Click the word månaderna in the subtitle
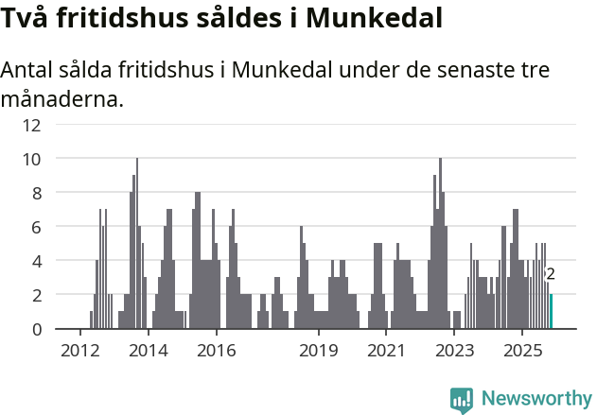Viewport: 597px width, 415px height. point(62,98)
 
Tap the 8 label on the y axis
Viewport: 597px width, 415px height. point(36,193)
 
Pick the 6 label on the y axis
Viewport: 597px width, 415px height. point(36,227)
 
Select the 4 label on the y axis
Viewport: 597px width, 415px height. point(36,261)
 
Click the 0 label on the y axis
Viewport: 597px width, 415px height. point(36,329)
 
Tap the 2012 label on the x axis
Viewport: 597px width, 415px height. point(79,351)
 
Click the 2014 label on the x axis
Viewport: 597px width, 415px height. point(148,351)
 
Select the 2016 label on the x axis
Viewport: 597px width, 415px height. point(217,351)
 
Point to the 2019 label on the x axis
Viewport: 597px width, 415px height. point(319,351)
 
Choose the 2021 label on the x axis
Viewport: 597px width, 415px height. point(386,351)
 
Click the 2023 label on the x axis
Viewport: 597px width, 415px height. point(454,351)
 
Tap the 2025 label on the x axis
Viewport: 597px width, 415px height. point(522,351)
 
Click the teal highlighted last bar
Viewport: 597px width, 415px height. point(551,312)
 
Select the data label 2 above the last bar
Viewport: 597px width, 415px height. point(551,275)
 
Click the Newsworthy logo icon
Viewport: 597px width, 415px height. point(462,399)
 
